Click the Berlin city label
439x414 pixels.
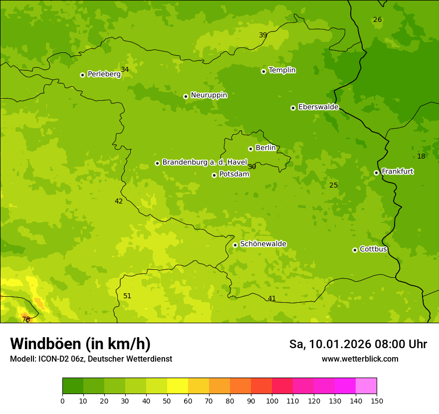tap(265, 148)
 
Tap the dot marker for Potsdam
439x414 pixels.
tap(214, 175)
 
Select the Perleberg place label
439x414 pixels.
tap(104, 74)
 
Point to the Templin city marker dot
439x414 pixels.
tap(263, 71)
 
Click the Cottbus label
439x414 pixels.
tap(373, 249)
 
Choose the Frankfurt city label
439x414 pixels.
tap(397, 172)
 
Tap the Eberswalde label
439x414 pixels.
tap(318, 107)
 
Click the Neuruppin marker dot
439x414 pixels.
tap(186, 96)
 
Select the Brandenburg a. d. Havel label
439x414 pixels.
tap(205, 163)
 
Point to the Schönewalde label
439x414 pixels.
tap(263, 244)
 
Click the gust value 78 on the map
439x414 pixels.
tap(26, 319)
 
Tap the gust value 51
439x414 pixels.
tap(127, 296)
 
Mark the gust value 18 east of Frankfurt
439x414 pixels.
tap(421, 156)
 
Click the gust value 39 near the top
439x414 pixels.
tap(263, 35)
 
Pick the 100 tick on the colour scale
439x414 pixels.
tap(272, 401)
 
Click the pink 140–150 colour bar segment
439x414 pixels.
tap(366, 386)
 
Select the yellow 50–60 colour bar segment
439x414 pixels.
tap(178, 386)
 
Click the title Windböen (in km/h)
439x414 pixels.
tap(80, 344)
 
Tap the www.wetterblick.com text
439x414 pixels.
tap(360, 359)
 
